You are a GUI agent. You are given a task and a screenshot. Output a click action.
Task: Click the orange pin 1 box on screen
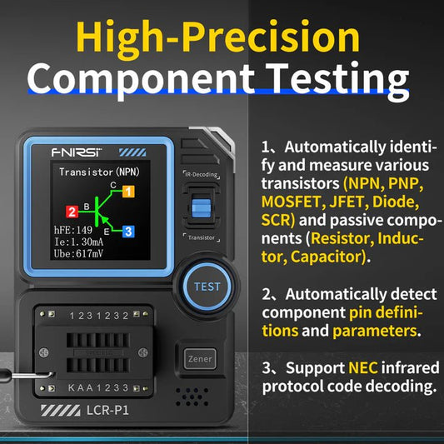pos(127,191)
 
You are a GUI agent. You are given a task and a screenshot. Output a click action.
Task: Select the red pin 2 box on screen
pos(72,212)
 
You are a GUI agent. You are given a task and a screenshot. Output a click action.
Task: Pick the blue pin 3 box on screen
pos(127,231)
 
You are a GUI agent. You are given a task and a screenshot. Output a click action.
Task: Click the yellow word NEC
pos(363,367)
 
